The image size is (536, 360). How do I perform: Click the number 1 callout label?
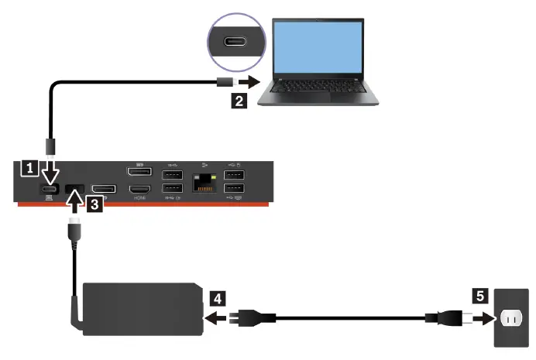click(29, 166)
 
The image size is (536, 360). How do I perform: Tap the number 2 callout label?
click(241, 100)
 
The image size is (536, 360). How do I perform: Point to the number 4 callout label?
click(218, 296)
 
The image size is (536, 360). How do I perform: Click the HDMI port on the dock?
click(139, 190)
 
